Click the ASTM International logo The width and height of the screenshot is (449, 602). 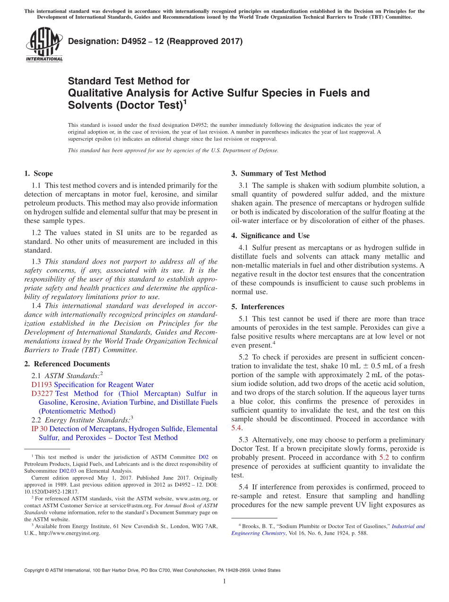(x=44, y=44)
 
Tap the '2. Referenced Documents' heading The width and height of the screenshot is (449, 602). (x=67, y=364)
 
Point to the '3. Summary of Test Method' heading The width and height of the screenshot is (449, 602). (x=278, y=174)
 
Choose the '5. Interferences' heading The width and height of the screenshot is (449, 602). (x=258, y=307)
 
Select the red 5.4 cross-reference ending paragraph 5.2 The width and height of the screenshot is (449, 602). (x=236, y=428)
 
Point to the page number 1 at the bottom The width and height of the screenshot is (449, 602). (x=224, y=582)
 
